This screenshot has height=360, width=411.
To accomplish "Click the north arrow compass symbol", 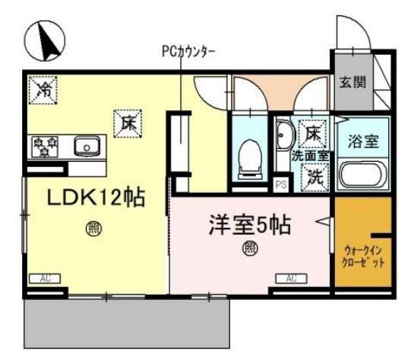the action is [45, 40].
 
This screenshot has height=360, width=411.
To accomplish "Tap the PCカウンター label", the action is [188, 52].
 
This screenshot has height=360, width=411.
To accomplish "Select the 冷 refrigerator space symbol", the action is [43, 90].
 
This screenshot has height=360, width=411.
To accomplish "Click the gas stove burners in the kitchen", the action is [45, 147].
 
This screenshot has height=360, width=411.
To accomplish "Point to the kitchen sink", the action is [87, 146].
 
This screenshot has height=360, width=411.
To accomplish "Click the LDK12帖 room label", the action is [96, 197].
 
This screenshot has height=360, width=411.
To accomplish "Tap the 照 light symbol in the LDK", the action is [94, 229].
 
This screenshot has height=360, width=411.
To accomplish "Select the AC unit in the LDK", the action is [45, 278].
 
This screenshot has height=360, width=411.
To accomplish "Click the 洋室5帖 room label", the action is [250, 225].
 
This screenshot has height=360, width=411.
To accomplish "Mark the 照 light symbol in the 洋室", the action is [250, 248].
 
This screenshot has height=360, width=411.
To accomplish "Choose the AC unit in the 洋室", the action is [291, 278].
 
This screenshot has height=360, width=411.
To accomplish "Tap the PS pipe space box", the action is [281, 185].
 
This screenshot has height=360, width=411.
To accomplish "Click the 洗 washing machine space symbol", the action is [315, 177].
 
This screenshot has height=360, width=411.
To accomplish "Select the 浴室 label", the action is [363, 142].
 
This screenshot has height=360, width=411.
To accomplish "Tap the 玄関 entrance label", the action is [353, 82].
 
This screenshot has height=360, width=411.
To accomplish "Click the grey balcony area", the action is [127, 324].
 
